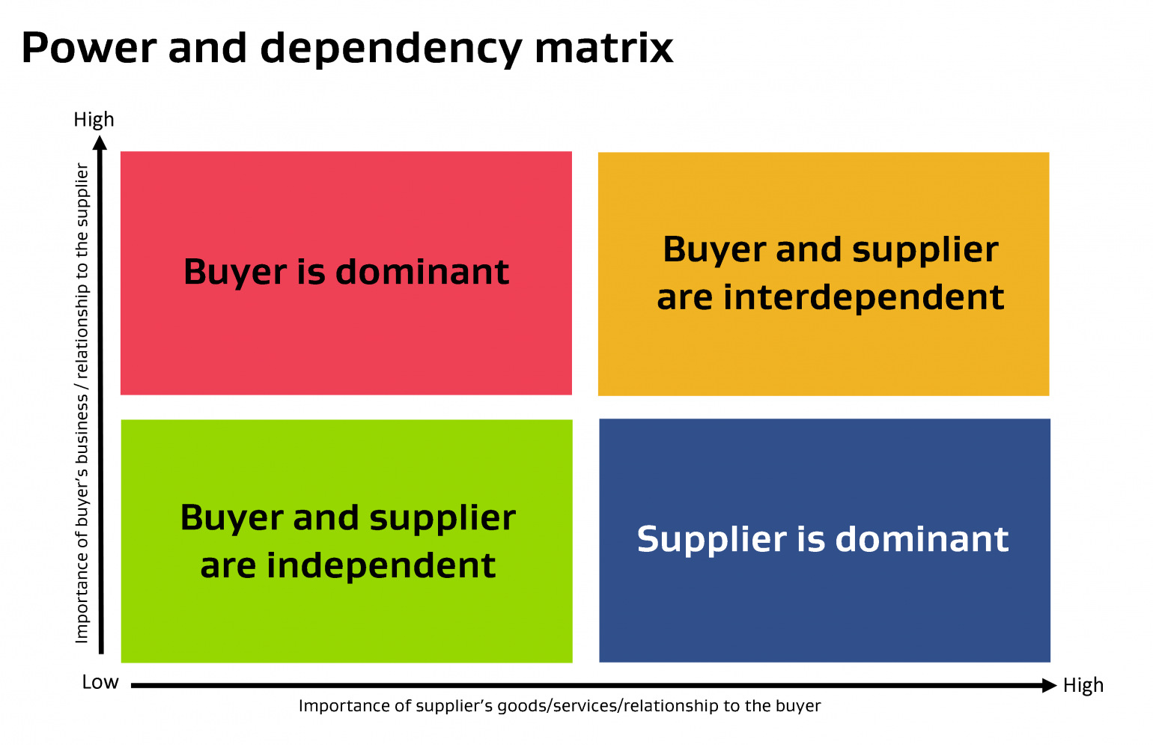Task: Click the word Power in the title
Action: coord(89,48)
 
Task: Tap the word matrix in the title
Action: coord(603,48)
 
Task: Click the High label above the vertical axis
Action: coord(94,120)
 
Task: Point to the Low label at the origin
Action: coord(100,682)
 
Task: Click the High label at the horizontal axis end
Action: coord(1083,685)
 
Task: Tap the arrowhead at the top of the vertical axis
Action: coord(101,142)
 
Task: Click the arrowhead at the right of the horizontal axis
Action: coord(1049,685)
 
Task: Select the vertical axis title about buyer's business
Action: coord(82,403)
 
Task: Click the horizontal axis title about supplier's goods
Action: coord(559,706)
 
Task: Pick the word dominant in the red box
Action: coord(422,271)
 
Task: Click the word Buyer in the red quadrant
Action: coord(235,273)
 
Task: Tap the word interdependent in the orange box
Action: coord(864,297)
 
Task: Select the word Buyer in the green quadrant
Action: coord(231,518)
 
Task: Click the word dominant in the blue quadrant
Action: coord(922,539)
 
